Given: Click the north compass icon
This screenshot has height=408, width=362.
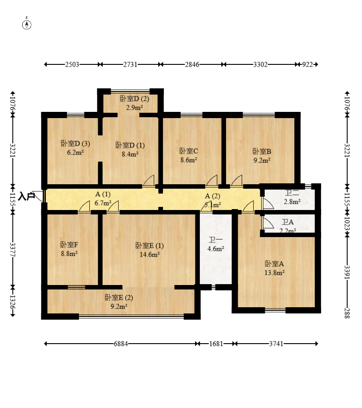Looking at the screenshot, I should coord(27,24).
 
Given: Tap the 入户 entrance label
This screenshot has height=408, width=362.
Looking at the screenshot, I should coord(27,196).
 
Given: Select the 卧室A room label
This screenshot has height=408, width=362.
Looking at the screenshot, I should coord(274,263).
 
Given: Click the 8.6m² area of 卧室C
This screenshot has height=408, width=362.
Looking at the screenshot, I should coord(189,160).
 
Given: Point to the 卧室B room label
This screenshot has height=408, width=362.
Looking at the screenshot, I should coord(262,151).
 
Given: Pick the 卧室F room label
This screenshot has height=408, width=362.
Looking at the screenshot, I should coord(69,245).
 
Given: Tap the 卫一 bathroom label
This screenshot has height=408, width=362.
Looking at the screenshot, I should coord(215,240).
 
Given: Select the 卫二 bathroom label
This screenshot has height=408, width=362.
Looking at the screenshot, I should coord(292,193).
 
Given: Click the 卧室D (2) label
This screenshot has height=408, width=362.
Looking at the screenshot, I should coord(134,99).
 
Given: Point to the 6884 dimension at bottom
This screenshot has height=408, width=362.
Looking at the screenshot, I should coord(121,344).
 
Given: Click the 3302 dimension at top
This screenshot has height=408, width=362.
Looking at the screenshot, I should coord(260,64).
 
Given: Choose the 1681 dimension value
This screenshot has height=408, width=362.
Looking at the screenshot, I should coord(216,344).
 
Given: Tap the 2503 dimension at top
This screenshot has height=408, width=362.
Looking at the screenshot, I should coord(72,64).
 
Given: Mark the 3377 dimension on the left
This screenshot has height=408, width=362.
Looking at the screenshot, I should coord(13,250).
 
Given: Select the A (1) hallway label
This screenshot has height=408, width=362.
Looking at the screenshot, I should coord(103,194).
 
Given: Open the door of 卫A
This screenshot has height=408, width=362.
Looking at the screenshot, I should coord(267,223).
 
